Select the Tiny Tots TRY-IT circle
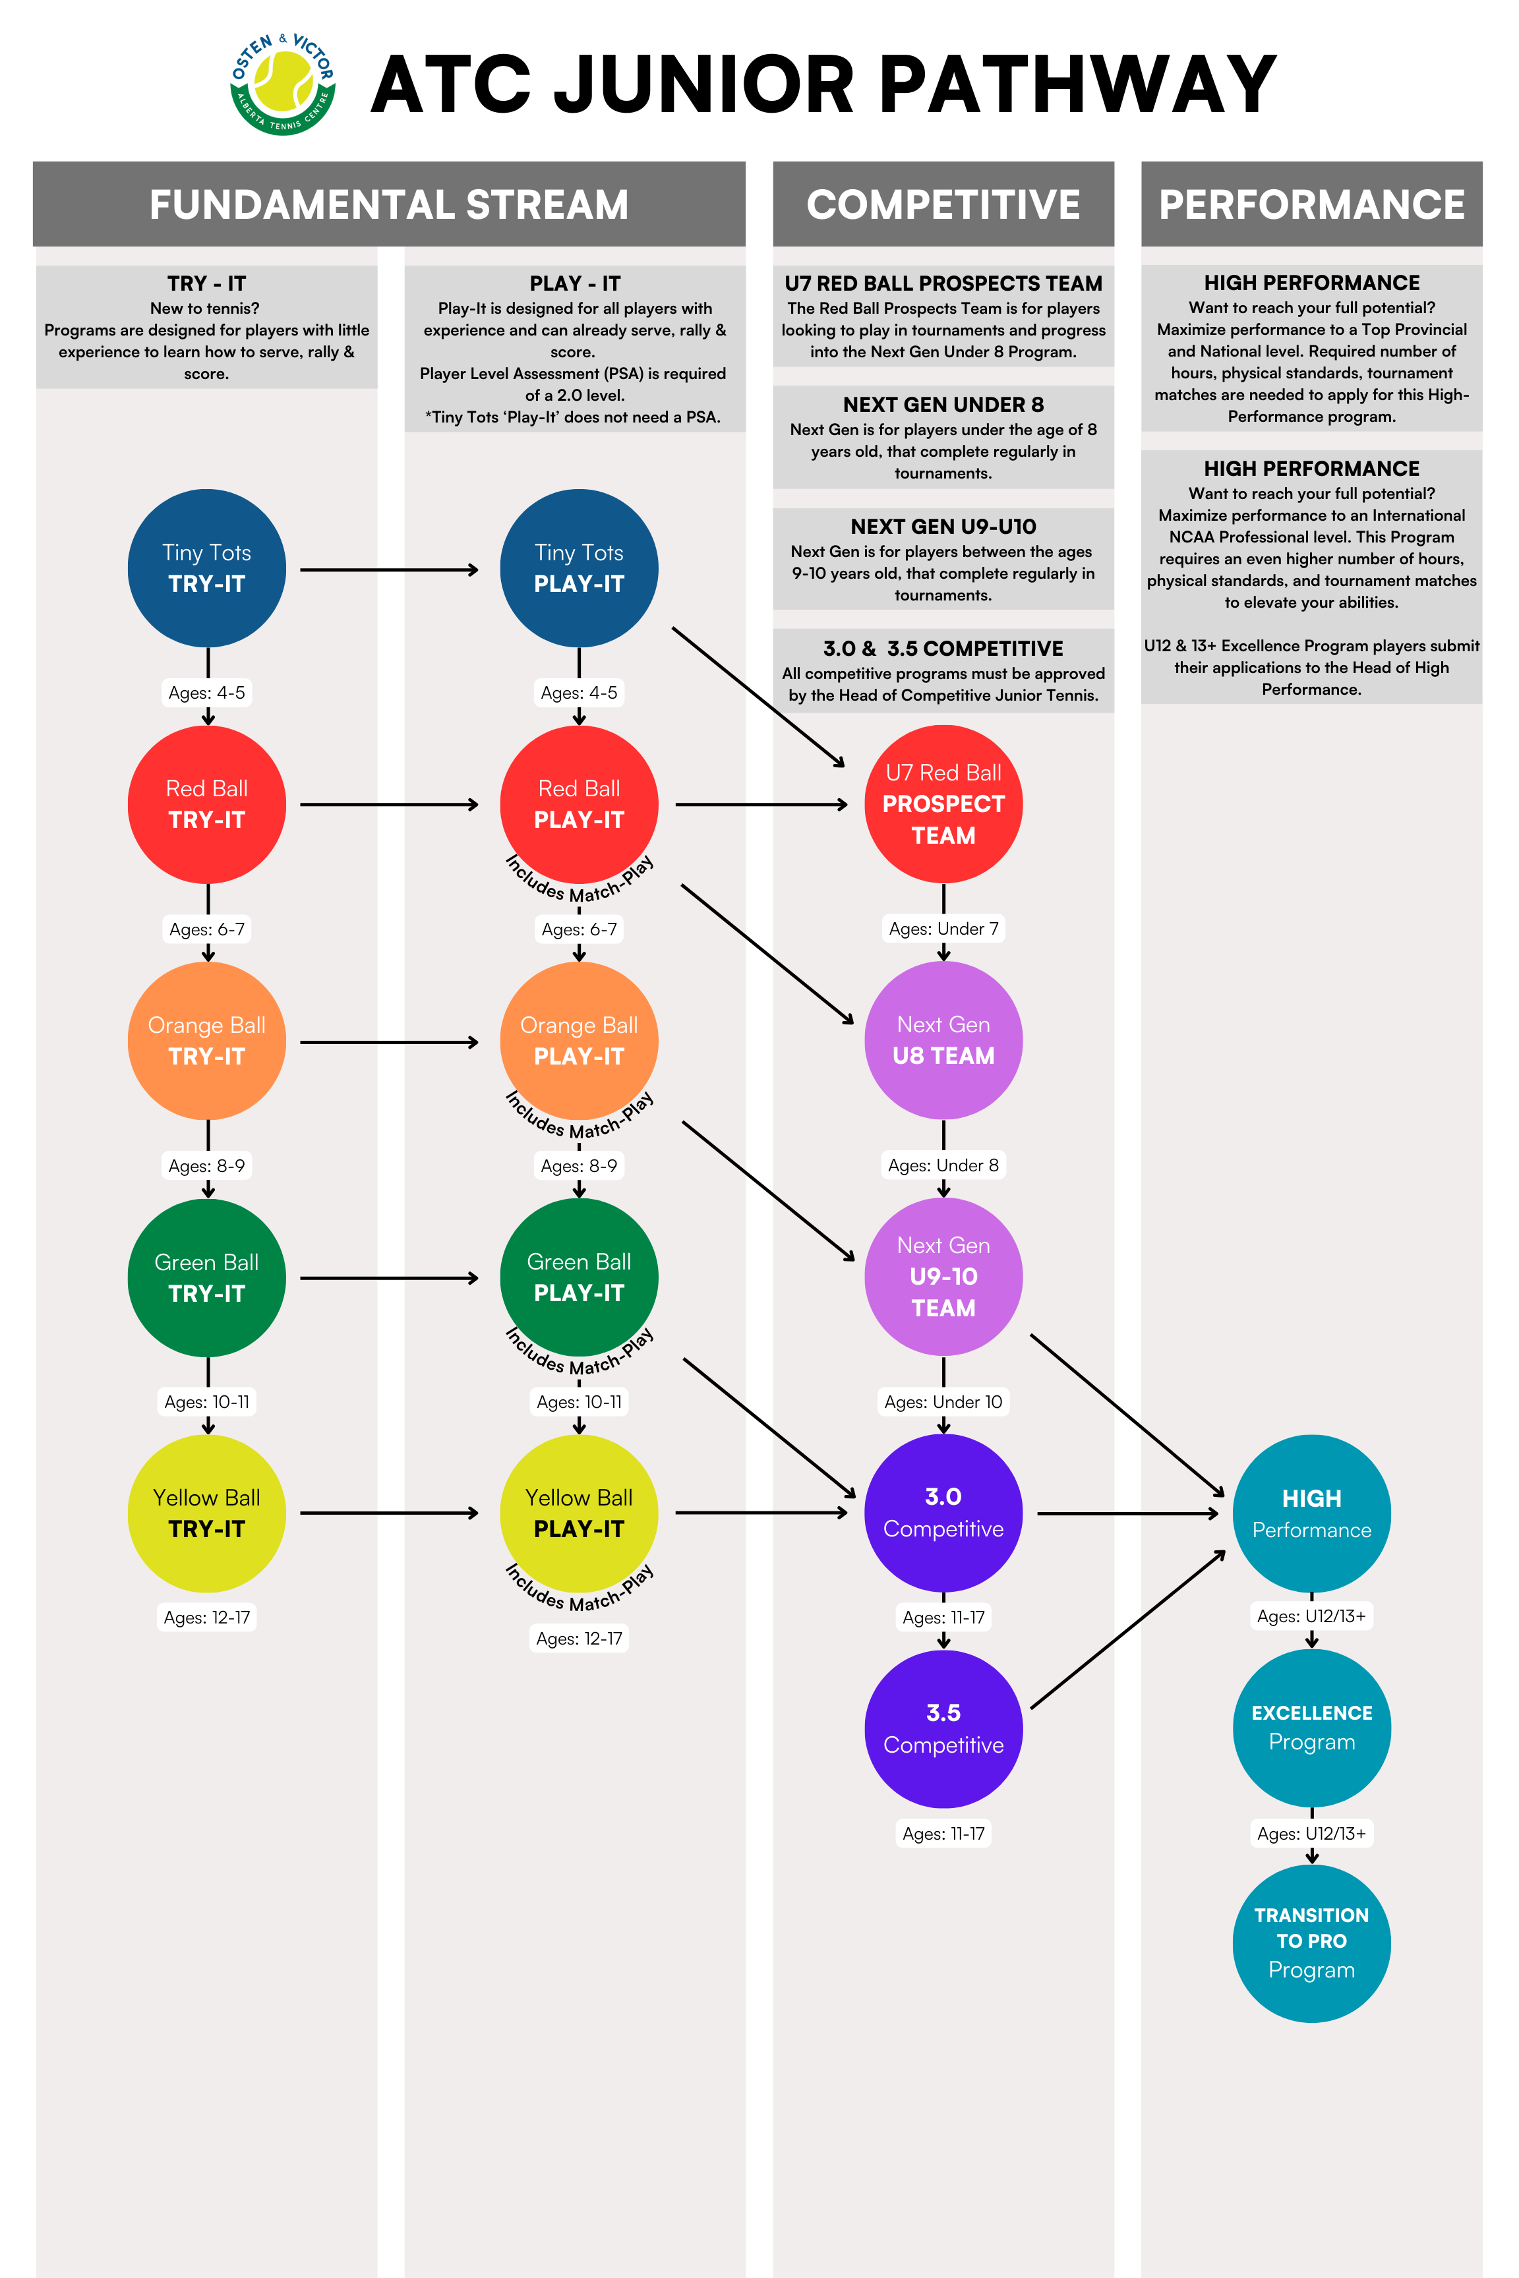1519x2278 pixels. click(206, 569)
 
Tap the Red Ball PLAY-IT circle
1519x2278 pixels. click(580, 805)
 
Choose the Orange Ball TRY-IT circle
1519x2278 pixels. click(206, 1041)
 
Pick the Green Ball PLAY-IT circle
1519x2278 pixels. click(580, 1277)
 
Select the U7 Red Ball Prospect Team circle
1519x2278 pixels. click(943, 804)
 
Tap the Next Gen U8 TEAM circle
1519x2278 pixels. click(943, 1040)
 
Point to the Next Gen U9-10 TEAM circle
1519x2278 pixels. click(943, 1277)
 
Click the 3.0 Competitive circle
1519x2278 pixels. click(943, 1513)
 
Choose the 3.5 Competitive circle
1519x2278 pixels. click(943, 1729)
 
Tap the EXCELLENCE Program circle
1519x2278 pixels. click(1312, 1728)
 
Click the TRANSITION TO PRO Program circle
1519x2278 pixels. click(1312, 1944)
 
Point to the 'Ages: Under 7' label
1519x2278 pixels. click(943, 929)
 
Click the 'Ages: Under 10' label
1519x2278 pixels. click(943, 1401)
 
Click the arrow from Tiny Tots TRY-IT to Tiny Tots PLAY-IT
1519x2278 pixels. click(390, 569)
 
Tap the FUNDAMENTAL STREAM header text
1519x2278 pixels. click(390, 204)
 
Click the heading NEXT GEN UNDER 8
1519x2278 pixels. click(943, 405)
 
